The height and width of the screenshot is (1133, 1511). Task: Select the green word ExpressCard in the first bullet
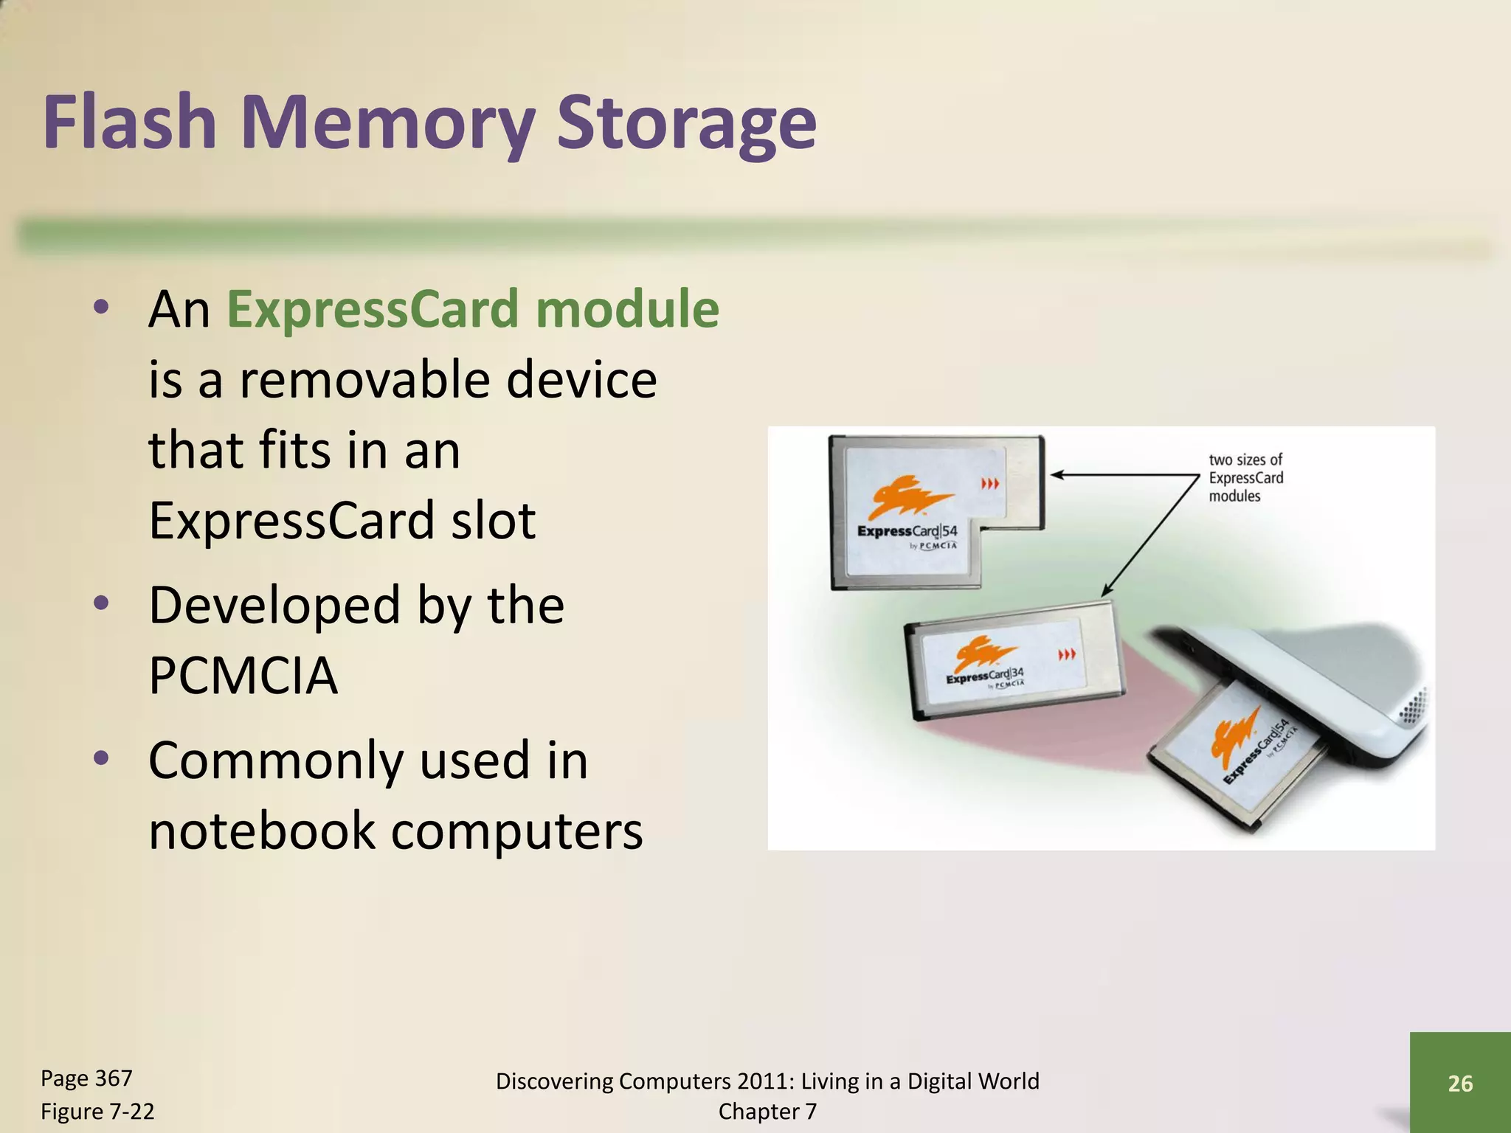[373, 309]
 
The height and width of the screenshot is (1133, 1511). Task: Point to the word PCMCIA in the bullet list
[243, 676]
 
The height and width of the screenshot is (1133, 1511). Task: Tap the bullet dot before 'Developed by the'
[102, 603]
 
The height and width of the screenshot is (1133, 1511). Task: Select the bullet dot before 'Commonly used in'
[102, 758]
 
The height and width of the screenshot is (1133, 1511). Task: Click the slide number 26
[1460, 1083]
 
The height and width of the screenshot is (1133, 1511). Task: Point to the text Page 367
[86, 1078]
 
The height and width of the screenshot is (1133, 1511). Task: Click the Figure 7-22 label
[97, 1111]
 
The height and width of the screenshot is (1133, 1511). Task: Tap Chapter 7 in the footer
[767, 1111]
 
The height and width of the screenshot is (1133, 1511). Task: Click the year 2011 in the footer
[767, 1081]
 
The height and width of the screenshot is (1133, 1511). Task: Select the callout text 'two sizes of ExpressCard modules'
[1245, 478]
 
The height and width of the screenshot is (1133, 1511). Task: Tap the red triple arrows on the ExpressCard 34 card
[1067, 654]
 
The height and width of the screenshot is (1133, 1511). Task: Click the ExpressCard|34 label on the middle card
[984, 676]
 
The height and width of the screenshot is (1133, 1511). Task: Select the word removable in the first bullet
[373, 379]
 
